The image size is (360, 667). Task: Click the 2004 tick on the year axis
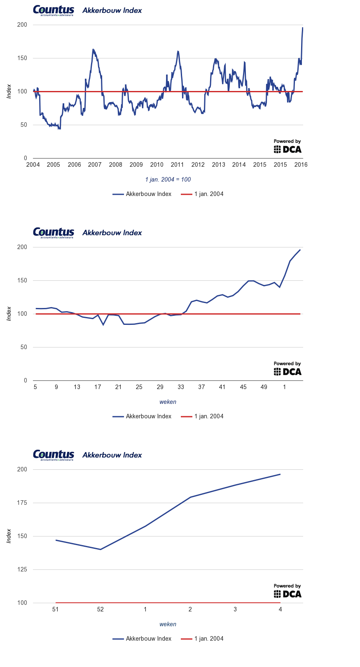(x=33, y=165)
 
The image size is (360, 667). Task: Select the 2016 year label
(x=301, y=165)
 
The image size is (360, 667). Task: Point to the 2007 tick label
(x=95, y=165)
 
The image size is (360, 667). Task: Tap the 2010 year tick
(x=157, y=165)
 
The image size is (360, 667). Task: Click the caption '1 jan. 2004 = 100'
(x=168, y=180)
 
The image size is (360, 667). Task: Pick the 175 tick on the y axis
(x=22, y=503)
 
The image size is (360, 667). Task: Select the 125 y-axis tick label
(x=22, y=569)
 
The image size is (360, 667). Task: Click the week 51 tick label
(x=56, y=609)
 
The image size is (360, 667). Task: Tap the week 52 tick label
(x=101, y=609)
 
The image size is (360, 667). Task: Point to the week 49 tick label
(x=264, y=387)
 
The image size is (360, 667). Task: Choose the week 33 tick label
(x=181, y=387)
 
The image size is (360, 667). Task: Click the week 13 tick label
(x=77, y=387)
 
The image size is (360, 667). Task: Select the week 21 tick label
(x=119, y=387)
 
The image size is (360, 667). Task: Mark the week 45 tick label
(x=243, y=387)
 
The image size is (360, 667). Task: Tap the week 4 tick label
(x=280, y=609)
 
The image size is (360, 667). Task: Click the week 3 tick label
(x=235, y=609)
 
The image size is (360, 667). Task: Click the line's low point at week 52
(x=101, y=549)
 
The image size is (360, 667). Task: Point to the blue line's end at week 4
(x=280, y=474)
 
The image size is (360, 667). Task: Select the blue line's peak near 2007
(x=93, y=49)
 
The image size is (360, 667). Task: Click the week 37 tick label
(x=201, y=387)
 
